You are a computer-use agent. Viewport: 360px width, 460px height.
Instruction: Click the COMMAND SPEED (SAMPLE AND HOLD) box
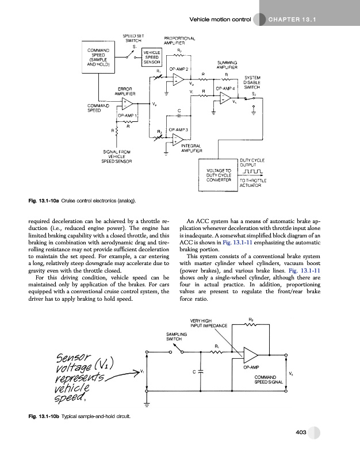click(x=98, y=57)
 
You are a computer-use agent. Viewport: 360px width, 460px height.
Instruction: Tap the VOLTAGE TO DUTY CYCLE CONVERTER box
click(x=217, y=174)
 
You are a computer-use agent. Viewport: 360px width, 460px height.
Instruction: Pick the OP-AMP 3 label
click(x=179, y=129)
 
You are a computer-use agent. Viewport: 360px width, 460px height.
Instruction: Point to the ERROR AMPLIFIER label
click(x=125, y=90)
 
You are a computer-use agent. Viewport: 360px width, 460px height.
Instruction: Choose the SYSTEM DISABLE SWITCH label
click(x=253, y=82)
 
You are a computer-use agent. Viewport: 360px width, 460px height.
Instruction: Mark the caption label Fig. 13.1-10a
click(x=44, y=200)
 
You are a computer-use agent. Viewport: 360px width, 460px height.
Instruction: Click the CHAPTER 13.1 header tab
click(x=293, y=20)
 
